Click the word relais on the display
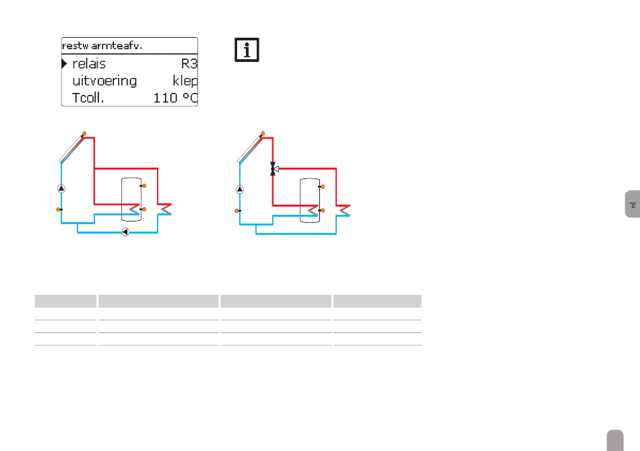click(x=89, y=64)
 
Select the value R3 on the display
click(x=189, y=64)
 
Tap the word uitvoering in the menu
click(x=104, y=81)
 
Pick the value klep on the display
click(x=185, y=81)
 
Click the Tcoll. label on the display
click(x=88, y=98)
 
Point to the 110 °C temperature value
click(x=175, y=98)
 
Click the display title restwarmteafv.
click(x=102, y=46)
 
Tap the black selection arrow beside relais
click(x=65, y=64)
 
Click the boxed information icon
click(x=247, y=50)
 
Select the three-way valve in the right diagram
click(x=274, y=168)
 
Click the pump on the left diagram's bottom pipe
click(x=126, y=232)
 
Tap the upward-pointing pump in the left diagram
click(x=61, y=188)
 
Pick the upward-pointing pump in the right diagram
click(x=240, y=189)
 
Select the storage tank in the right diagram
click(x=310, y=200)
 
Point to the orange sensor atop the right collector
click(x=263, y=134)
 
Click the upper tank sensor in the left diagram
click(x=143, y=186)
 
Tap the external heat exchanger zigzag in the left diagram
click(x=165, y=209)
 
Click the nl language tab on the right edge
click(x=633, y=204)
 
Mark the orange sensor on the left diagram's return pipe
click(x=59, y=209)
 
